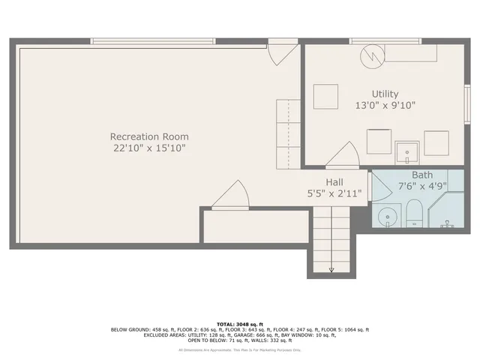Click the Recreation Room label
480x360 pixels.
(149, 136)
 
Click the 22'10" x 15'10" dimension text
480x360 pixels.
(149, 148)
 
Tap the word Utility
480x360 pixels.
(376, 94)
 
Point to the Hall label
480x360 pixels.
(334, 182)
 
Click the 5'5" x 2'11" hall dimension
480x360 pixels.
(334, 193)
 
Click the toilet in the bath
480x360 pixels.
(414, 218)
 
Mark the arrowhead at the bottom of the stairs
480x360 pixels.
(331, 270)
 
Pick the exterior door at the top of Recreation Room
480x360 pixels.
(283, 54)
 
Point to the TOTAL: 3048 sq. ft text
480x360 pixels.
(240, 323)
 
